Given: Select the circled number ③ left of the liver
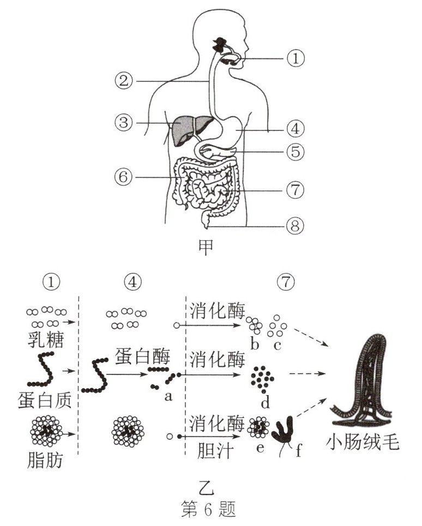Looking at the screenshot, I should pos(125,122).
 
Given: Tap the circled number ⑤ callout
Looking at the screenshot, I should pos(296,151).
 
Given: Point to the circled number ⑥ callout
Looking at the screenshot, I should pos(125,177).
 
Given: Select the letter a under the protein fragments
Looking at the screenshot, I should pos(168,397).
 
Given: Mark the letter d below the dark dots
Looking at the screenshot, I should pos(266,404).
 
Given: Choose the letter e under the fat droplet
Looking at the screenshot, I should pos(260,449).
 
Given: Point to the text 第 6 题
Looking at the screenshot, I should pos(209,510).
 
